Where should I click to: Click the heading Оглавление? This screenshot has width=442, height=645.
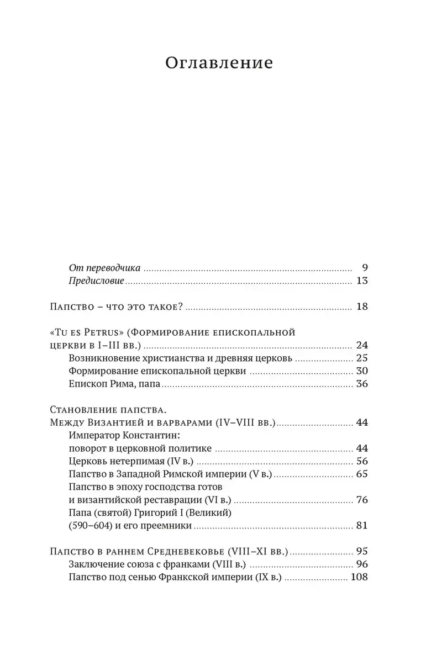point(219,62)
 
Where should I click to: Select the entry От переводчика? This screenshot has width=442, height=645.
point(104,268)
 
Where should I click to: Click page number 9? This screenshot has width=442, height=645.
point(363,267)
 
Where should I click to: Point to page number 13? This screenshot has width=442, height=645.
point(362,281)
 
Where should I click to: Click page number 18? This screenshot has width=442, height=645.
point(362,306)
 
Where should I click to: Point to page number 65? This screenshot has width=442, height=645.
point(362,474)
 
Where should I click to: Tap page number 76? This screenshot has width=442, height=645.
point(362,500)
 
